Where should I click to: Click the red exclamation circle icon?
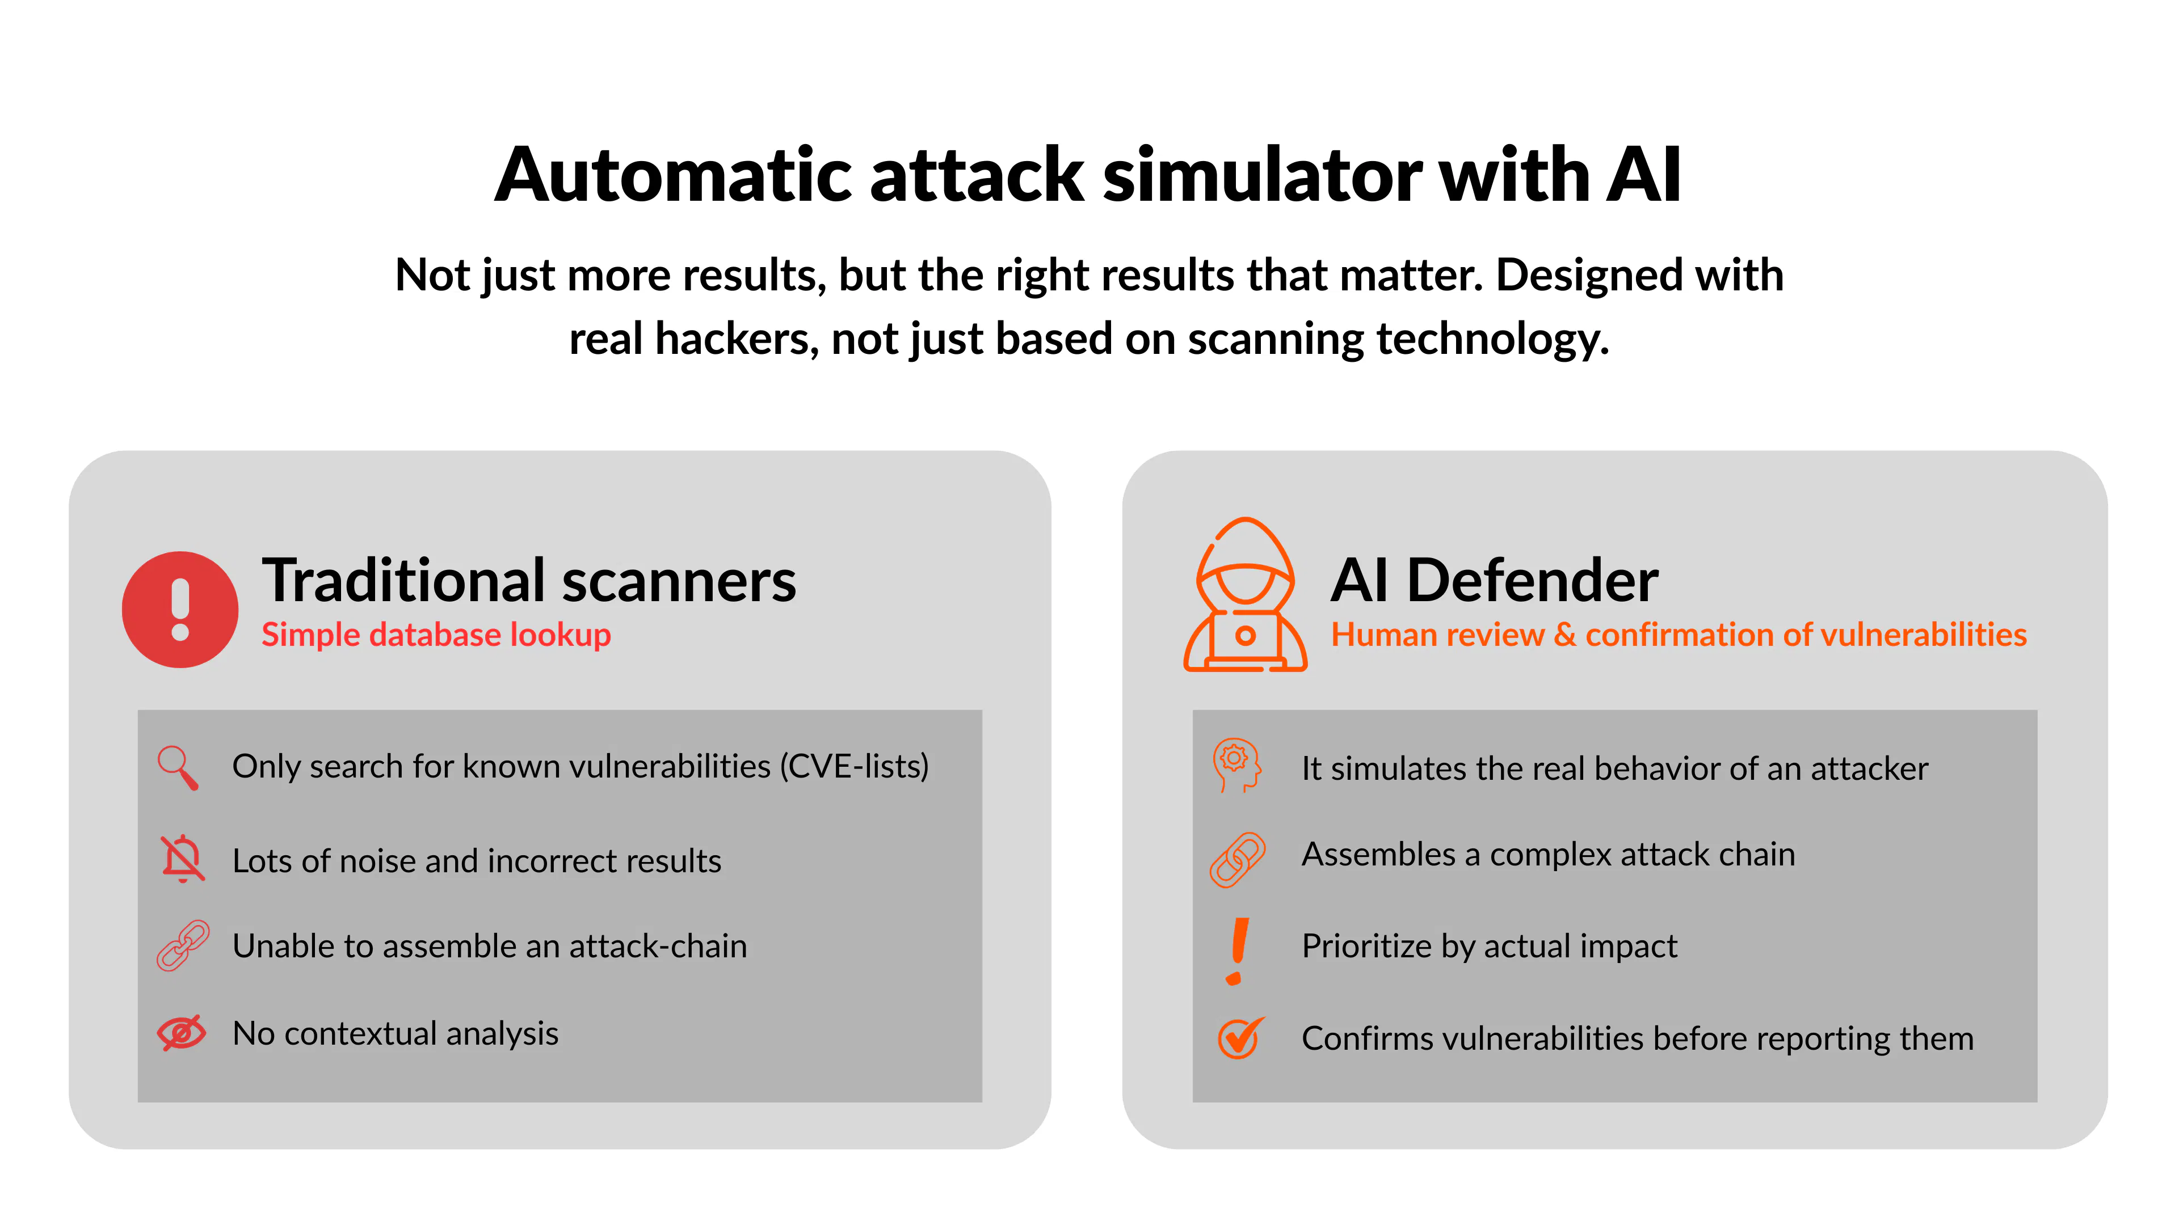coord(180,610)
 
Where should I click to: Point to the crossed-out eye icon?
coord(182,1032)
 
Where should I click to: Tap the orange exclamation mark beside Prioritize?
coord(1238,951)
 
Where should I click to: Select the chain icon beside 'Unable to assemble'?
coord(183,945)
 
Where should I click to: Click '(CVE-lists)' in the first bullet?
coord(855,767)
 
